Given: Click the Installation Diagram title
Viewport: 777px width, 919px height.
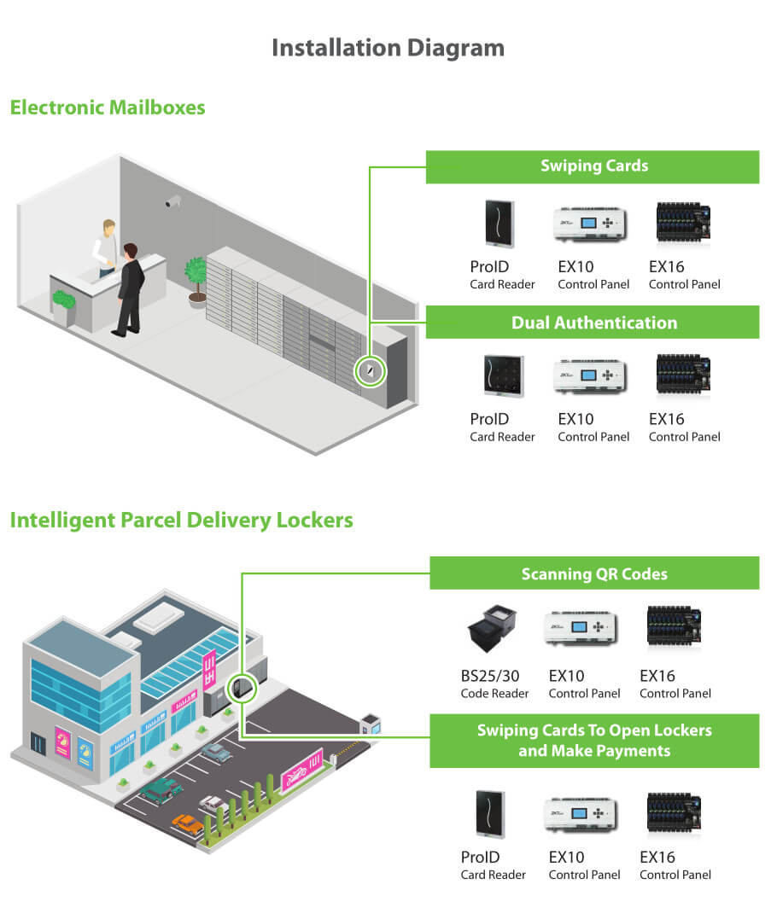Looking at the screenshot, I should (388, 48).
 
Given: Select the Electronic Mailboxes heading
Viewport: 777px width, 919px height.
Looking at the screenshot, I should (108, 108).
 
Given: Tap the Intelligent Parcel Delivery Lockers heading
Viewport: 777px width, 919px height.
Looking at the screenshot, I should (181, 520).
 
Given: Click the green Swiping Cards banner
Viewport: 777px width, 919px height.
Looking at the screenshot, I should (593, 166).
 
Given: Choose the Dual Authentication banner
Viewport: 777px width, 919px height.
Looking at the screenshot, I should (593, 323).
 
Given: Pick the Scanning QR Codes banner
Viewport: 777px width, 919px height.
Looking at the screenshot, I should (594, 573).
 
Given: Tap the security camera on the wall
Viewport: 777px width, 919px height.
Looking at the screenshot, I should (173, 201).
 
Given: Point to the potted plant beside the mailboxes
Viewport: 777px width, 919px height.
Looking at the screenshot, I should (196, 278).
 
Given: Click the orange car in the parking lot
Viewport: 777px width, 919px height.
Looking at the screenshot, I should (188, 823).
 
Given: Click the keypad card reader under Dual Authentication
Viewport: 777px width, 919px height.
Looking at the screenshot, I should (497, 376).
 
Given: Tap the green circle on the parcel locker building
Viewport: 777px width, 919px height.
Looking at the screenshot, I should (242, 689).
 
